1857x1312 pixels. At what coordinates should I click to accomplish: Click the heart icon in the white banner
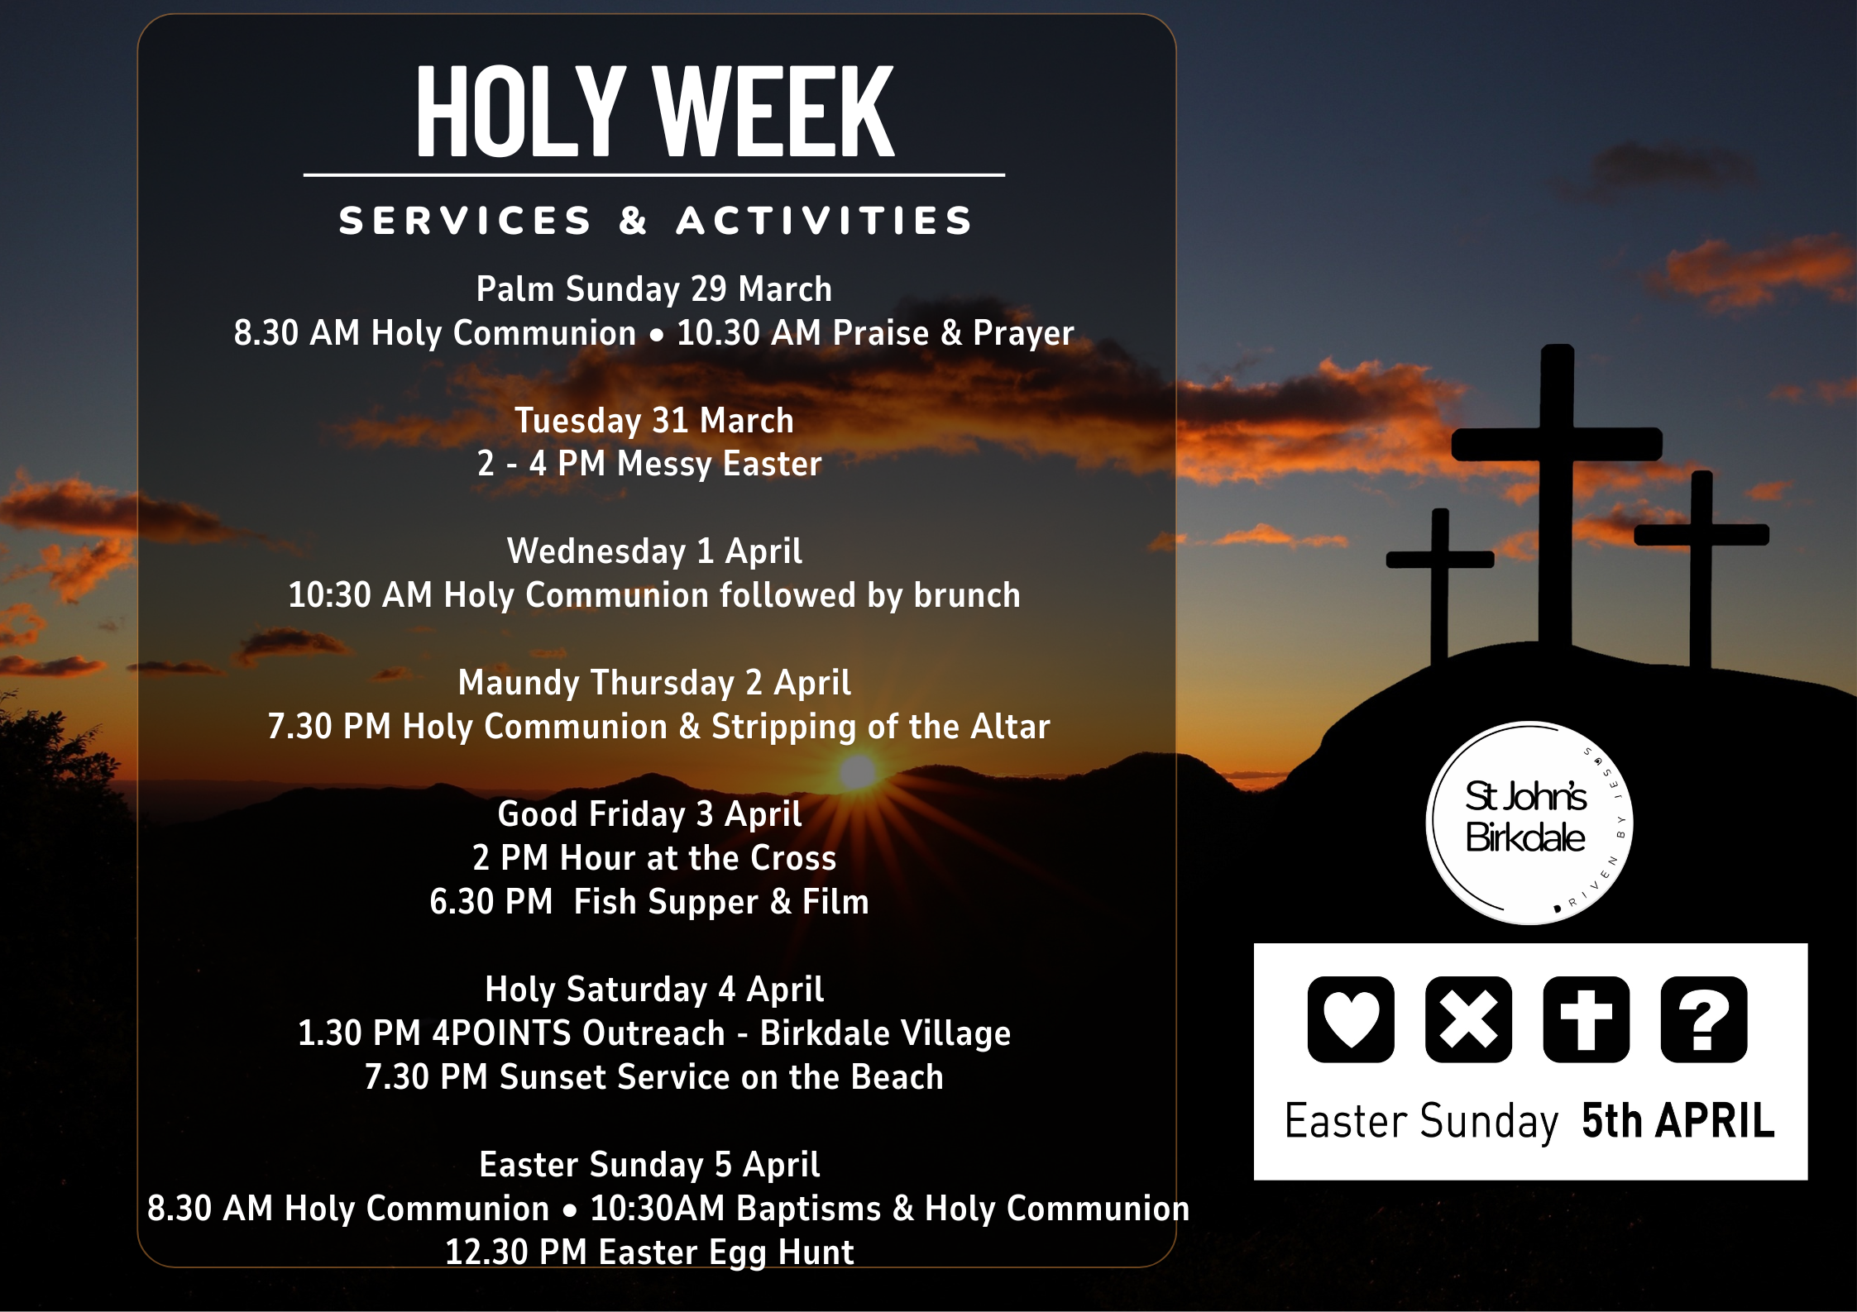(1351, 1019)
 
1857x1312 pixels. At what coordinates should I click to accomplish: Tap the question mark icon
(1704, 1019)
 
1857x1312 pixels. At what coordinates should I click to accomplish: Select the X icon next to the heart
(1468, 1019)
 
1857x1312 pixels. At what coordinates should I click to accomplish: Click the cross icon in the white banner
(1586, 1019)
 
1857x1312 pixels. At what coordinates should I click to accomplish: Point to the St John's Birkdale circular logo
(1529, 822)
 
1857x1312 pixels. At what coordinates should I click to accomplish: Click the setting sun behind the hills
(858, 771)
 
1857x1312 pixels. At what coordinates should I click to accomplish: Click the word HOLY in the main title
(519, 113)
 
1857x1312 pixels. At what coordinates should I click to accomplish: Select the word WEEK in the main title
(773, 113)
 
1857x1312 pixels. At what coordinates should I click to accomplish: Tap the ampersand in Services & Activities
(633, 221)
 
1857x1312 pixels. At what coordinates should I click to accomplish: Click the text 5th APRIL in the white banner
(1678, 1121)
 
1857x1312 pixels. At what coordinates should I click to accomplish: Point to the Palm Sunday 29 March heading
(653, 289)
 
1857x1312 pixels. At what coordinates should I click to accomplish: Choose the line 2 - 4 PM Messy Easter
(649, 464)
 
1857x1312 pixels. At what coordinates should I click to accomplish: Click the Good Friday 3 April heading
(649, 814)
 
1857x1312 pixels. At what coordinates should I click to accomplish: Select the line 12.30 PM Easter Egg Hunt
(649, 1252)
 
